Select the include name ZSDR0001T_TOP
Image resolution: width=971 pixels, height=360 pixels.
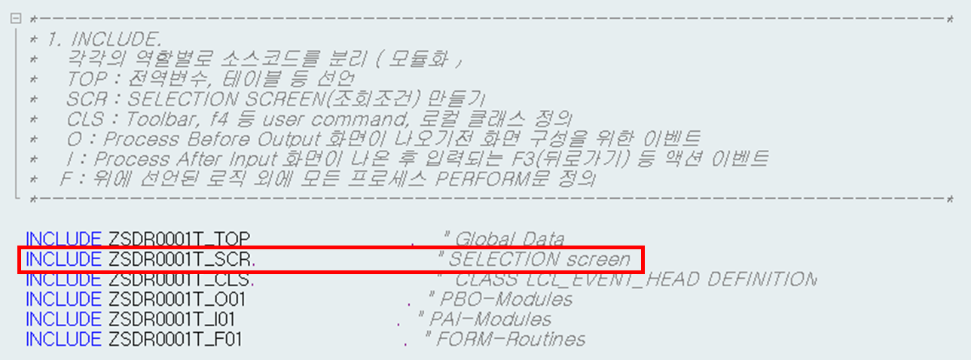[x=178, y=239]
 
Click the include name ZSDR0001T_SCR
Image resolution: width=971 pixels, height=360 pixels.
[x=182, y=260]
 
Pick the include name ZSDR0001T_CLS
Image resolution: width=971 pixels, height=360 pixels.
[x=181, y=279]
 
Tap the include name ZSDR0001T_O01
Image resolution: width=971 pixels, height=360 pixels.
[x=176, y=300]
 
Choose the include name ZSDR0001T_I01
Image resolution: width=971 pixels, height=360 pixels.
[x=172, y=319]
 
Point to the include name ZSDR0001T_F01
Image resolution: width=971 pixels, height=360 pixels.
[x=175, y=340]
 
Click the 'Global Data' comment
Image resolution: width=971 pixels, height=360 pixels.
[x=508, y=239]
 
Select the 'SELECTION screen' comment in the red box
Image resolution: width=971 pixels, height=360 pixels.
[x=539, y=260]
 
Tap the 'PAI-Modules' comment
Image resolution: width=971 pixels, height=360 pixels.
[x=495, y=319]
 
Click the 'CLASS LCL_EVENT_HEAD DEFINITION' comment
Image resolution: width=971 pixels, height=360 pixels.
[x=635, y=279]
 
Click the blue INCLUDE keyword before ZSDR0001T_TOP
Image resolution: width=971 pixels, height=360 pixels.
[x=63, y=239]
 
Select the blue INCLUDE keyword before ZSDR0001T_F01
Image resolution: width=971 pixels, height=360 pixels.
[x=63, y=340]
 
